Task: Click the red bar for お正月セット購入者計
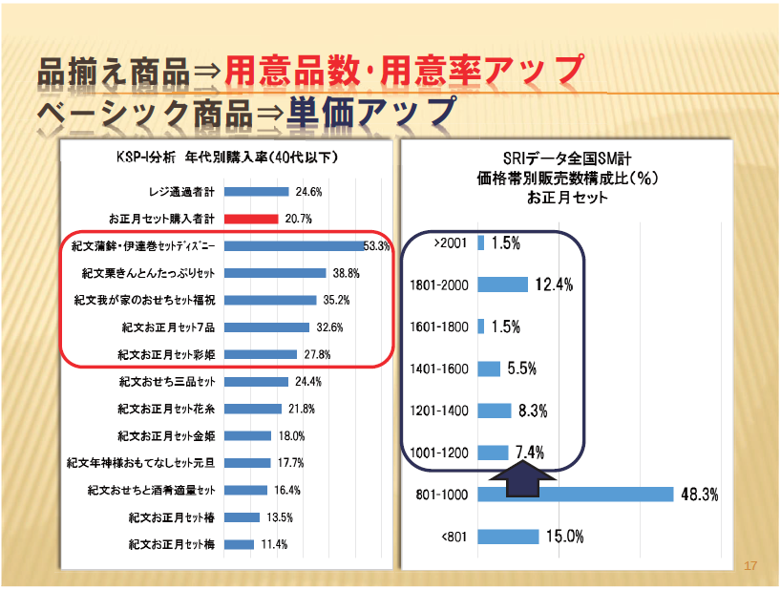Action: tap(250, 219)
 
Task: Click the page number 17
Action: tap(749, 566)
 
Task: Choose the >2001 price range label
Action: tap(450, 243)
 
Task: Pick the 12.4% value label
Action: tap(553, 284)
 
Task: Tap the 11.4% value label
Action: tap(274, 545)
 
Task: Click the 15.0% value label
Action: tap(565, 537)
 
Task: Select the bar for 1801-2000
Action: tap(502, 284)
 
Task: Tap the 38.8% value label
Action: tap(345, 273)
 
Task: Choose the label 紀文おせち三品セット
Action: tap(167, 382)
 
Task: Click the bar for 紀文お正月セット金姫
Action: tap(247, 436)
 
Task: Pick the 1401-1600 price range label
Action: tap(438, 369)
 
